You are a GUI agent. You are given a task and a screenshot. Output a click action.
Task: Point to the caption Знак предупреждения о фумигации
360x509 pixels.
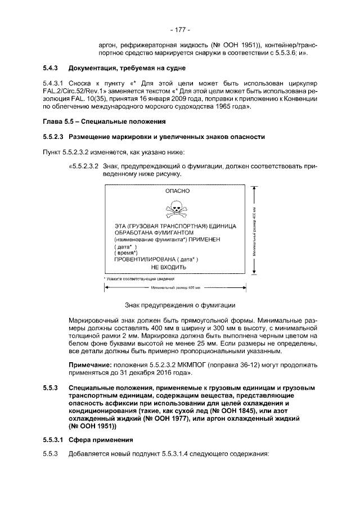179,305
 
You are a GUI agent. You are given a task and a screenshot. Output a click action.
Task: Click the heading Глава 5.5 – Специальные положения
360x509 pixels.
103,121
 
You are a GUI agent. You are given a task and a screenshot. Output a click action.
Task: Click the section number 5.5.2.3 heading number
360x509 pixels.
54,137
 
